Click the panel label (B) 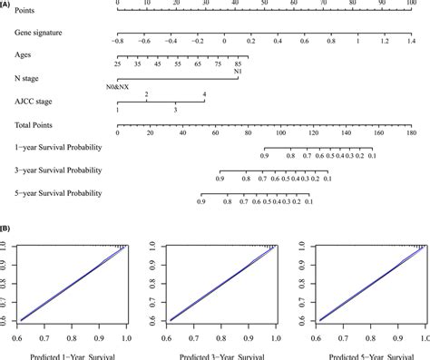7,231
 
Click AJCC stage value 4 204,94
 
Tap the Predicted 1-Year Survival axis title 71,355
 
